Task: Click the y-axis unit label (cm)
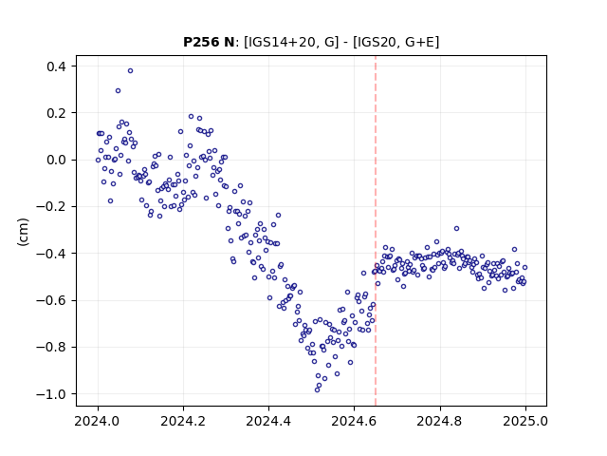23,232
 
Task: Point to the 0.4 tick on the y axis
56,66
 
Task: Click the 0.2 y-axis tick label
56,113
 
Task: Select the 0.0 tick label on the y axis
56,160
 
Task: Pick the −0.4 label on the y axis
51,254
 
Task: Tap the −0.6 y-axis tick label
51,300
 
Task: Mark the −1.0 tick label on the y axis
51,394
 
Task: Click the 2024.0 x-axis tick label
98,421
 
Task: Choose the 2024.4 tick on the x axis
268,421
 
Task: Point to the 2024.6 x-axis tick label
354,421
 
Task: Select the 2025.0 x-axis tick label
525,421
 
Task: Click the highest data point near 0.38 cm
131,71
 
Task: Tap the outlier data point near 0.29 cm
118,91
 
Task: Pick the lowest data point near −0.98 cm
317,390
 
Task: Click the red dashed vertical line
376,231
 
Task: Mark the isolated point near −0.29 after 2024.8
457,229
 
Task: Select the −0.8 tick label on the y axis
51,347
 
